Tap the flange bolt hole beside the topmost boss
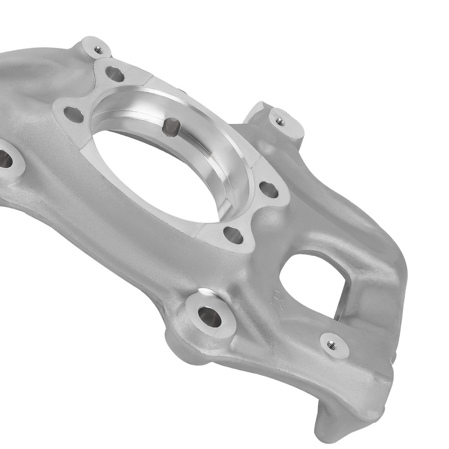click(115, 74)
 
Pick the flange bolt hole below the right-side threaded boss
click(269, 190)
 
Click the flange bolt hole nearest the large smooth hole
click(233, 235)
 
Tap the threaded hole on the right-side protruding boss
click(280, 121)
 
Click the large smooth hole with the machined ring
click(210, 317)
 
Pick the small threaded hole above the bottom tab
click(332, 345)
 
